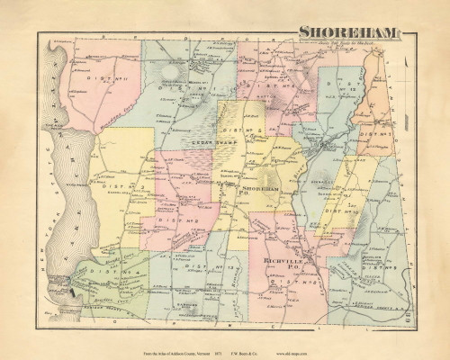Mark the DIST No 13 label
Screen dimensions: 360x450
[x=196, y=267]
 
